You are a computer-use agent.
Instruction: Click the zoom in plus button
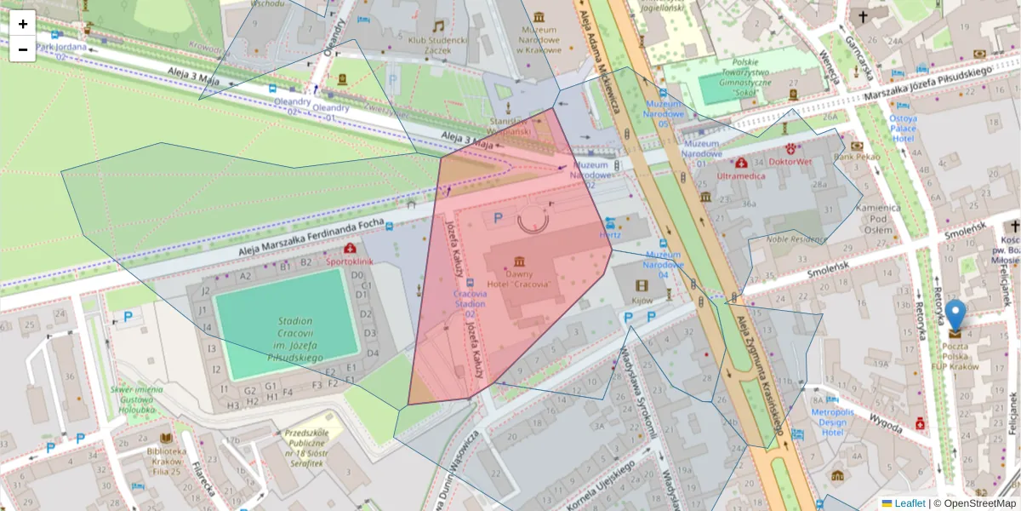[23, 24]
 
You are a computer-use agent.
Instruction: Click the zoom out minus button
[23, 49]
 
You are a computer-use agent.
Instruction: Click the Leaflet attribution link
[909, 503]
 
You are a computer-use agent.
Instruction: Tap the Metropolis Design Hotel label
[831, 422]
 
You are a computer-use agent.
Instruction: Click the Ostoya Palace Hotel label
[903, 129]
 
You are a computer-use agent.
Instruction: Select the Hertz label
[610, 234]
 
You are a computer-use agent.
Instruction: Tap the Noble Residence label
[796, 239]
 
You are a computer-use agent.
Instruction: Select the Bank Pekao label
[856, 157]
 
